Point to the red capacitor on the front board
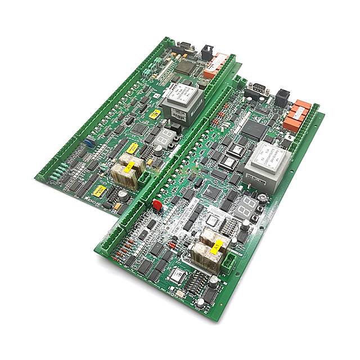coord(157,204)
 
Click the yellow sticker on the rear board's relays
coord(129,166)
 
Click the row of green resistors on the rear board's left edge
coord(58,169)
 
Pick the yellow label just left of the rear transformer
coord(154,112)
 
